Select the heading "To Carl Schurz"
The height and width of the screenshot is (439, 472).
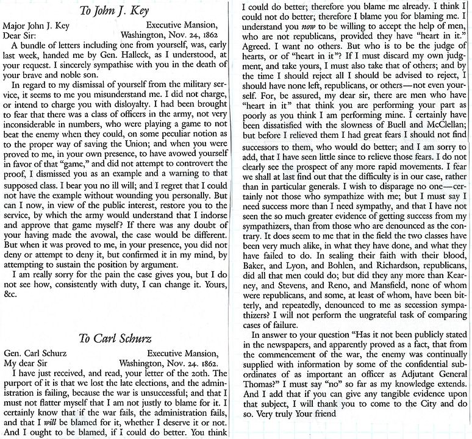(116, 339)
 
